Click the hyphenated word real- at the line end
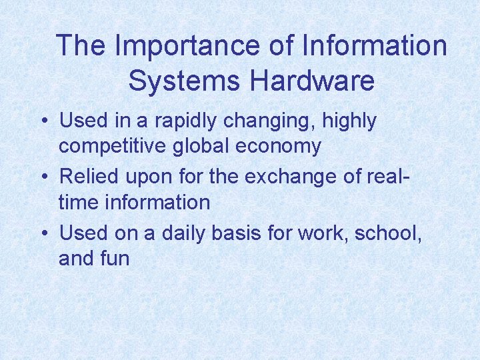pyautogui.click(x=387, y=177)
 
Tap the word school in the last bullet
pyautogui.click(x=389, y=233)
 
